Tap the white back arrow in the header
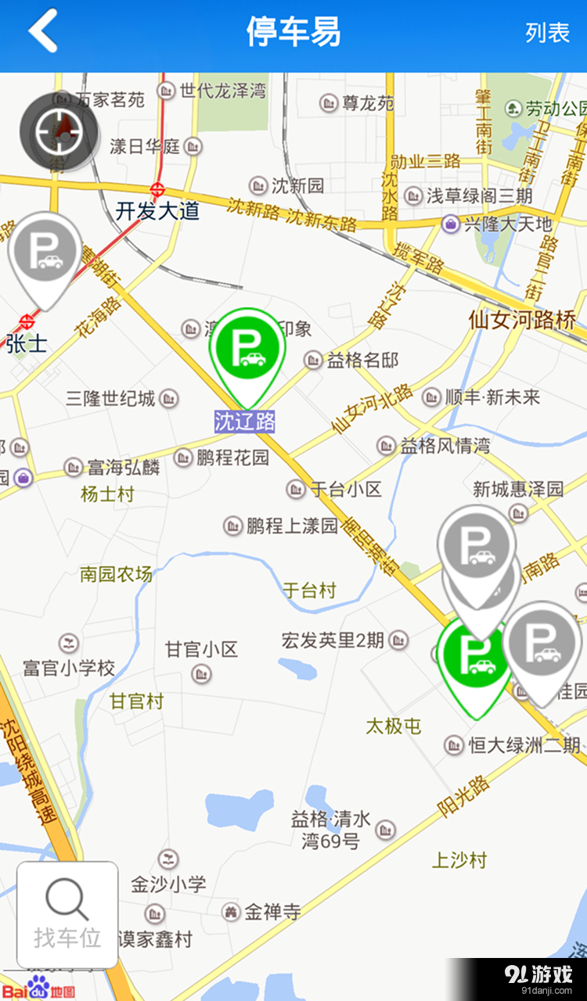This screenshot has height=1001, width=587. (43, 31)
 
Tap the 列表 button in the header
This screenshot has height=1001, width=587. (547, 33)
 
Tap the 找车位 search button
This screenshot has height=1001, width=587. (67, 914)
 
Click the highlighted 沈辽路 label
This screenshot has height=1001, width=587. (245, 422)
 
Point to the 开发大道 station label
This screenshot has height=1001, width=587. (157, 210)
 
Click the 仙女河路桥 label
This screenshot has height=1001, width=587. (523, 319)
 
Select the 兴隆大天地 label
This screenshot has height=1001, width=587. (507, 224)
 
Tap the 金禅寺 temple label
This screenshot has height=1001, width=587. (272, 911)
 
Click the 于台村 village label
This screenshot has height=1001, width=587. (309, 590)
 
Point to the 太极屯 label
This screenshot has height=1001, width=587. (394, 726)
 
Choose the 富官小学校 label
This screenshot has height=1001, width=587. (69, 668)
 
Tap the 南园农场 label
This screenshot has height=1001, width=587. (116, 574)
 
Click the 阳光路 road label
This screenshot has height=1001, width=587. (463, 795)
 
